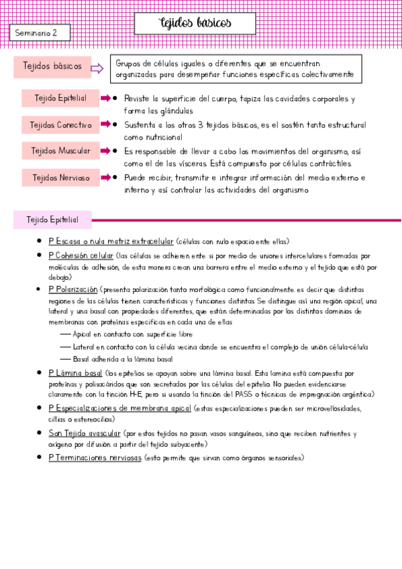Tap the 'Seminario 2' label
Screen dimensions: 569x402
(x=36, y=32)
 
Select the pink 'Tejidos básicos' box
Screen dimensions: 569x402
(x=52, y=66)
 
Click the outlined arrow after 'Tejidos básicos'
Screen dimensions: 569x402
(x=96, y=67)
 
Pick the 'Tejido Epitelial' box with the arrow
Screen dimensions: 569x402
(x=60, y=98)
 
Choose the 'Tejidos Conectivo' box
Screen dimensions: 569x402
(x=60, y=125)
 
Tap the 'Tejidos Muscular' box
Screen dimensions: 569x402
(x=60, y=151)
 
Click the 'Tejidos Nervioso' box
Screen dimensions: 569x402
(x=60, y=178)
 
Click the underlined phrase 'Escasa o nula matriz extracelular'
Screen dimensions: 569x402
(x=111, y=241)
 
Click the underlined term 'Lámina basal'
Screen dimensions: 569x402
(x=75, y=372)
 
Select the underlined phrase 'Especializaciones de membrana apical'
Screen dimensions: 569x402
(x=119, y=408)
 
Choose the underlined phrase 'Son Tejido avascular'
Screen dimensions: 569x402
(x=85, y=433)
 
